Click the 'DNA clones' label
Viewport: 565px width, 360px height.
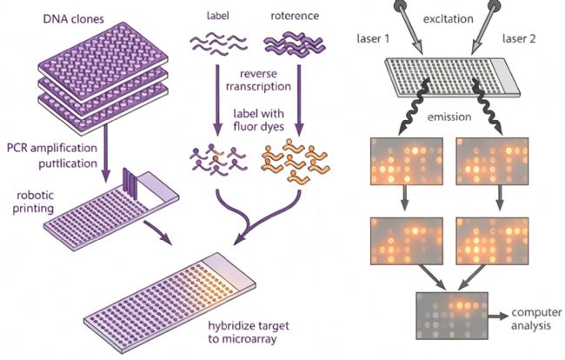tap(74, 18)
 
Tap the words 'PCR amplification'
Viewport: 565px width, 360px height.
tap(52, 148)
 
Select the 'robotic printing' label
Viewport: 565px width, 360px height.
tap(34, 202)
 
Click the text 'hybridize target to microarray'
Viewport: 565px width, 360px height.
tap(249, 332)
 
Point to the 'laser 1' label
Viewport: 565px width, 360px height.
tap(373, 38)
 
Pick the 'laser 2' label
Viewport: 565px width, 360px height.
tap(519, 38)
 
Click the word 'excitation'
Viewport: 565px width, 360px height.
tap(448, 19)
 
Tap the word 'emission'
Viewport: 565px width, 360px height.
tap(449, 117)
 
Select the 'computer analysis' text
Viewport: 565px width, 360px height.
tap(536, 319)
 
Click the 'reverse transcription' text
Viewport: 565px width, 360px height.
tap(258, 80)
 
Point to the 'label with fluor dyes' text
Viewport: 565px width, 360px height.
tap(258, 120)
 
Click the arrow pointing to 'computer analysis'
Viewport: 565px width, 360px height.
tap(498, 316)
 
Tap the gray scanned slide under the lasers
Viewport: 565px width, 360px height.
tap(452, 77)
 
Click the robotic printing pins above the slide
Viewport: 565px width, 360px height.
tap(130, 183)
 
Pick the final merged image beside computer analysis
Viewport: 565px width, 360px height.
tap(452, 316)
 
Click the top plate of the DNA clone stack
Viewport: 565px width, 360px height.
tap(103, 61)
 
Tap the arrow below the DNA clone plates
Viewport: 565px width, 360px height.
tap(105, 153)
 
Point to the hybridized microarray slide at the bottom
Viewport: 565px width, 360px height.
tap(169, 302)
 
